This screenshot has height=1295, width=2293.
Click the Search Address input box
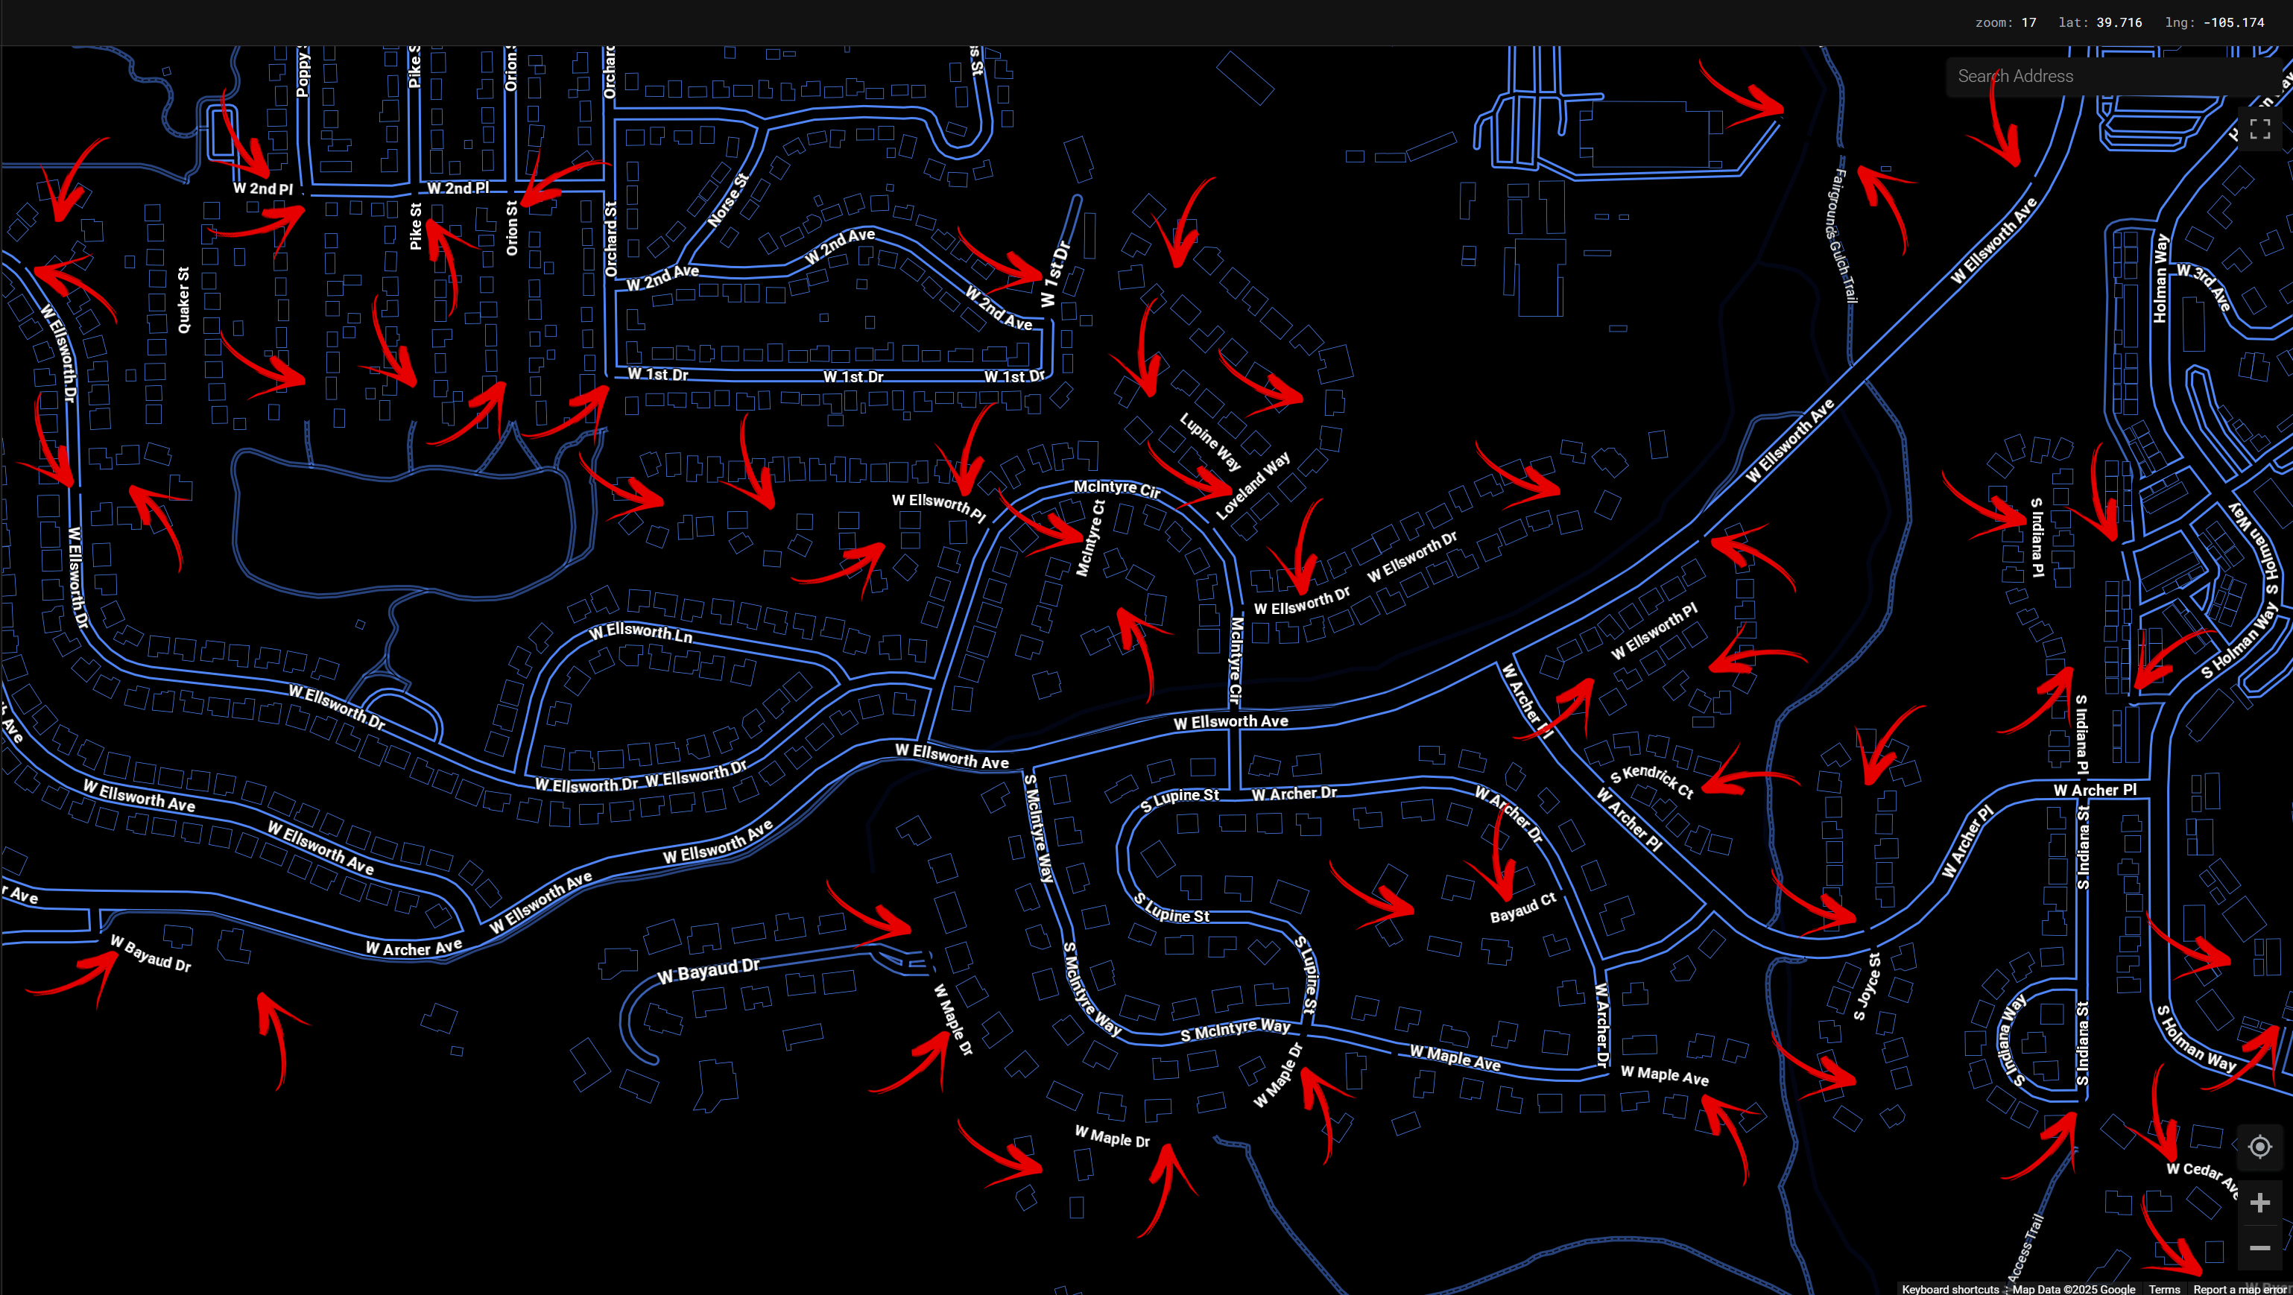pyautogui.click(x=2110, y=77)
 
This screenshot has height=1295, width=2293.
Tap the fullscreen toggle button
pyautogui.click(x=2259, y=130)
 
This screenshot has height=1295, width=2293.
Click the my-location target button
pyautogui.click(x=2259, y=1147)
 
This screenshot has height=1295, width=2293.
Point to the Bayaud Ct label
pyautogui.click(x=1522, y=908)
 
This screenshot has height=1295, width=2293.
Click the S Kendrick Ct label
pyautogui.click(x=1651, y=781)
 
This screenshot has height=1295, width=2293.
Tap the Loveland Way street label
pyautogui.click(x=1253, y=486)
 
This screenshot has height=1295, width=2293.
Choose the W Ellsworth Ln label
pyautogui.click(x=640, y=632)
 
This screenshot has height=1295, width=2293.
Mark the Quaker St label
pyautogui.click(x=183, y=300)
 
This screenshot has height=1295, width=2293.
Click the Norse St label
pyautogui.click(x=727, y=200)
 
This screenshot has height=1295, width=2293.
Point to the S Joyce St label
pyautogui.click(x=1867, y=987)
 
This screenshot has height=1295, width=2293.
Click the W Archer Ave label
pyautogui.click(x=413, y=948)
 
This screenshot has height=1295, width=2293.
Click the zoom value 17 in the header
pyautogui.click(x=2028, y=22)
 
